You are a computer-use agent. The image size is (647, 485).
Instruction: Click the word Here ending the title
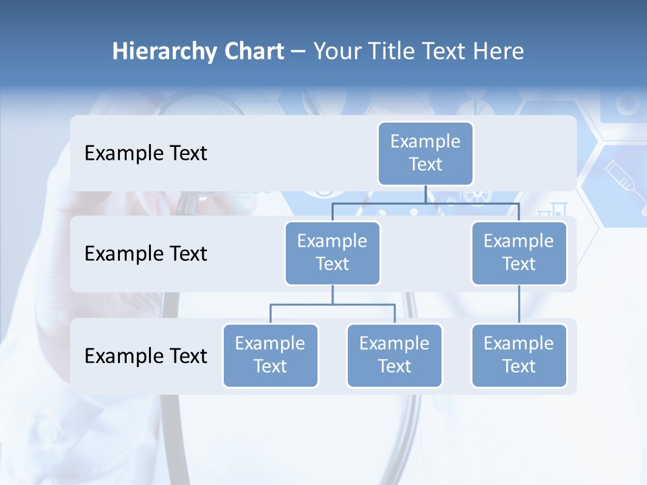(497, 52)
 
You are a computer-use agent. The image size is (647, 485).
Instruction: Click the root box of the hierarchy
(425, 153)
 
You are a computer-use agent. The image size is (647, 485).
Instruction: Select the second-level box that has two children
(332, 253)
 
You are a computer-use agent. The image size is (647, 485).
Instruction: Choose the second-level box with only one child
(519, 253)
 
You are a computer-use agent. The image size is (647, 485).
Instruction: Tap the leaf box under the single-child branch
(519, 355)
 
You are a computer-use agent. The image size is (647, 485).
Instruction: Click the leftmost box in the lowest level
(270, 355)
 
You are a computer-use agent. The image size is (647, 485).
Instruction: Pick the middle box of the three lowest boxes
(394, 355)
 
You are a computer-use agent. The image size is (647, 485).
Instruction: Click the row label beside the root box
(146, 153)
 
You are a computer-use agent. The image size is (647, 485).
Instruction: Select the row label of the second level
(146, 253)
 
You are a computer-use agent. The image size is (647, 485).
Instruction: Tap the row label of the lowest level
(146, 356)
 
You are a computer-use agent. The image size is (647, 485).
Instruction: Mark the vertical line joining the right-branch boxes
(519, 304)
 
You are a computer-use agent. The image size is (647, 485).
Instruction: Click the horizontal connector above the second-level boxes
(425, 203)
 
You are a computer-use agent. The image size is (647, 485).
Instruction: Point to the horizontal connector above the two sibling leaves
(332, 304)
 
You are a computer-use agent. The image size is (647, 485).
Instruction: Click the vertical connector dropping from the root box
(425, 194)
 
